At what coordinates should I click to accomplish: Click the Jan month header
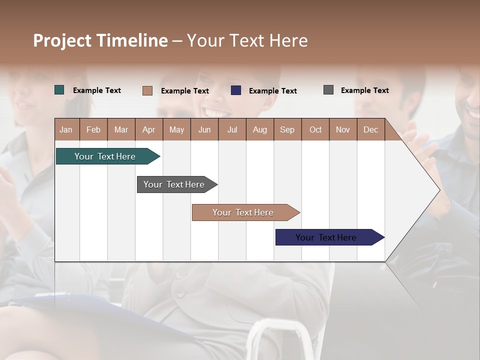pyautogui.click(x=66, y=129)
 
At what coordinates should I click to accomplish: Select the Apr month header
pyautogui.click(x=149, y=129)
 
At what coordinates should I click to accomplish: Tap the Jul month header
pyautogui.click(x=232, y=129)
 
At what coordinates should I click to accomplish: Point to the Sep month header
pyautogui.click(x=287, y=129)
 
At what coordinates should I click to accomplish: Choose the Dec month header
pyautogui.click(x=370, y=129)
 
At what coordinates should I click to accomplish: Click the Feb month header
pyautogui.click(x=93, y=129)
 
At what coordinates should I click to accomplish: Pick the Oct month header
pyautogui.click(x=315, y=129)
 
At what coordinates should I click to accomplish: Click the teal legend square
pyautogui.click(x=59, y=90)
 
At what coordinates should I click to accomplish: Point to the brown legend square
pyautogui.click(x=147, y=90)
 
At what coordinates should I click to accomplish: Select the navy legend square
pyautogui.click(x=236, y=90)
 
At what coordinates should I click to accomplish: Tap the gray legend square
pyautogui.click(x=328, y=90)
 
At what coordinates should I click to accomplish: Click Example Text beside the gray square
pyautogui.click(x=364, y=90)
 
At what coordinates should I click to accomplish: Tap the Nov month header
pyautogui.click(x=343, y=129)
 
